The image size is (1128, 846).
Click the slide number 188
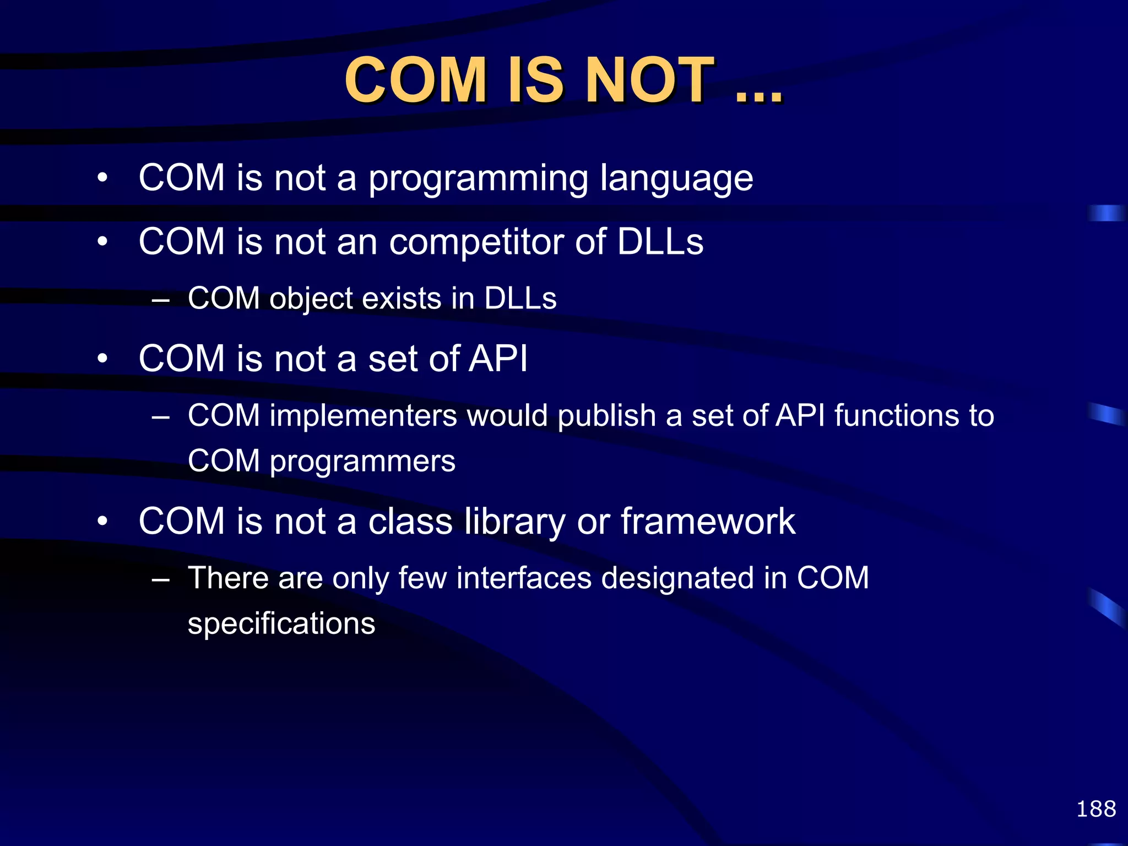[x=1096, y=809]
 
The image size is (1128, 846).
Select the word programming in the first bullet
[x=478, y=179]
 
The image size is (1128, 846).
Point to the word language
[x=676, y=179]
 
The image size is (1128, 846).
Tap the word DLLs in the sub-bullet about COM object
[x=520, y=299]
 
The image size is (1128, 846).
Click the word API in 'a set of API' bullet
[x=498, y=359]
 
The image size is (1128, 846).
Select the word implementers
[x=364, y=415]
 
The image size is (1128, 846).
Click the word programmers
[x=362, y=462]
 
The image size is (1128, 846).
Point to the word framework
[x=708, y=522]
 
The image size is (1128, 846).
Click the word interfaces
[x=524, y=578]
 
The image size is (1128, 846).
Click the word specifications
[x=281, y=624]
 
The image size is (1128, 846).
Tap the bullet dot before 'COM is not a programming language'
[x=102, y=178]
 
